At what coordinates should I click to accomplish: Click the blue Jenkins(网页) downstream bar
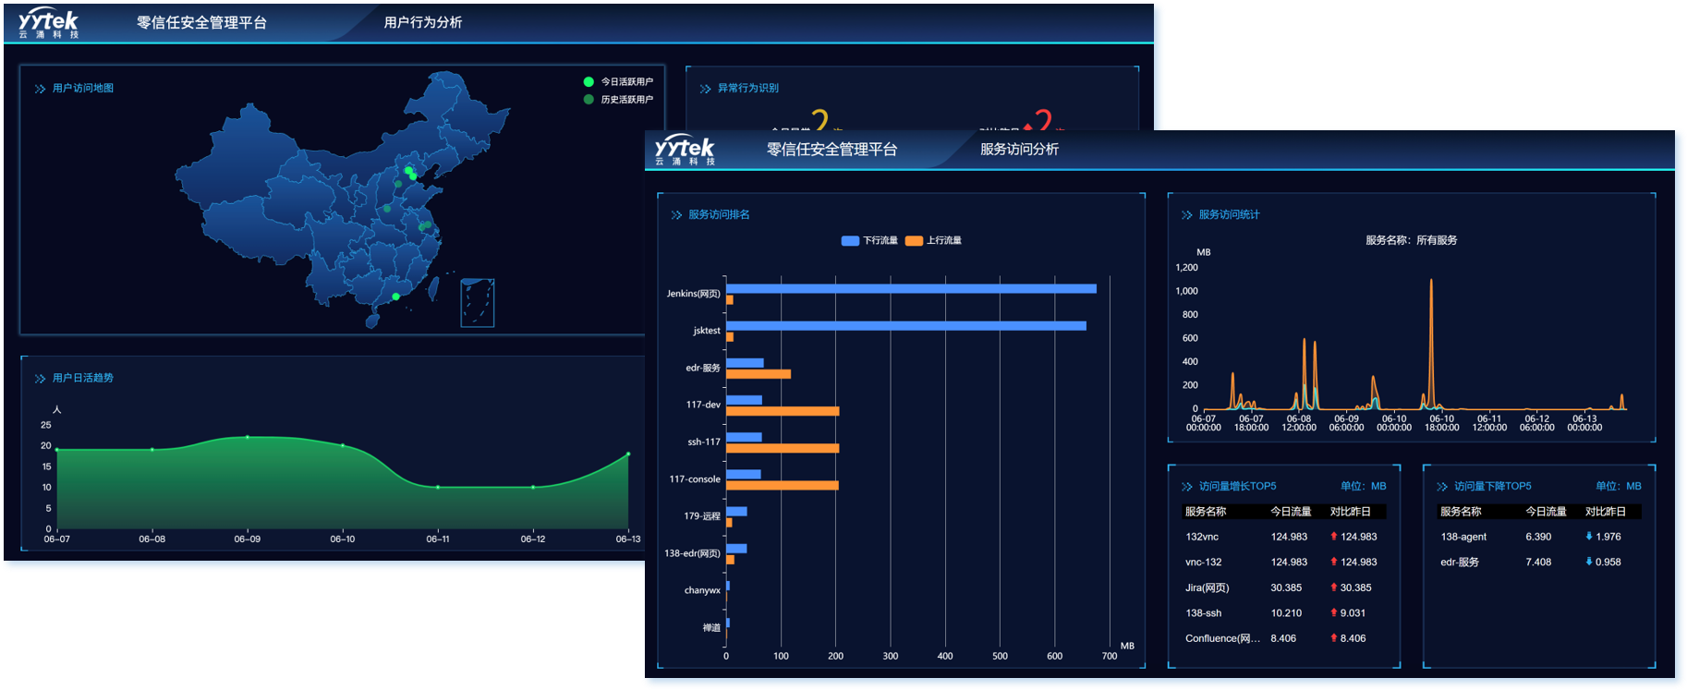910,288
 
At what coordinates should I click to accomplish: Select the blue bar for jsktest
905,325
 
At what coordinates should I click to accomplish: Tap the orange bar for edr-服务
759,374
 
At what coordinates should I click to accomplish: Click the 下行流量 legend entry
870,240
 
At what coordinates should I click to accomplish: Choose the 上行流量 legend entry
934,240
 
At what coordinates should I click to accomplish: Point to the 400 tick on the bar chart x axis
944,656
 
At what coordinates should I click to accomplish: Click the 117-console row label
694,479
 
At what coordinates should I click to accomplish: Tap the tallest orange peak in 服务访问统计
1431,282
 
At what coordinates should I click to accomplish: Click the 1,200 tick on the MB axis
1186,268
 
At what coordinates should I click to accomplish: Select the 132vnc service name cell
1202,537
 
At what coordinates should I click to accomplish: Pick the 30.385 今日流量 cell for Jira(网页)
1286,587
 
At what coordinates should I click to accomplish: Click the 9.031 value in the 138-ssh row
1353,612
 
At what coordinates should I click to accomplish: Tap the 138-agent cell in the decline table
1462,537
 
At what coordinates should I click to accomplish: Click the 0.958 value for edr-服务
1608,562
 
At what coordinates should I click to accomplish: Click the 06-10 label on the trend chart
342,539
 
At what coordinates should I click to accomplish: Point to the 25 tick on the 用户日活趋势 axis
46,425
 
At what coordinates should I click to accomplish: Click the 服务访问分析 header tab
1019,150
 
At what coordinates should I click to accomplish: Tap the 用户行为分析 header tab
422,22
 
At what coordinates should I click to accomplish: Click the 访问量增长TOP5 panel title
1237,486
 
